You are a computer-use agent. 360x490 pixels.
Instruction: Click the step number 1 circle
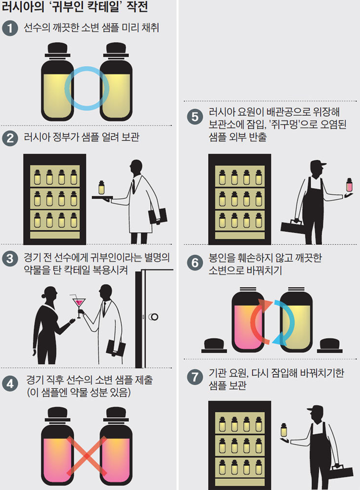pyautogui.click(x=10, y=28)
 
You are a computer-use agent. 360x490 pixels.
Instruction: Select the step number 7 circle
pyautogui.click(x=195, y=377)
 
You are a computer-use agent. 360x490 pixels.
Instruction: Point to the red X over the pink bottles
pyautogui.click(x=87, y=457)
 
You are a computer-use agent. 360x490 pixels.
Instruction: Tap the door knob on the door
pyautogui.click(x=154, y=317)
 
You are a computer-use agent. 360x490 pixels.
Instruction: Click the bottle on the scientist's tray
pyautogui.click(x=101, y=188)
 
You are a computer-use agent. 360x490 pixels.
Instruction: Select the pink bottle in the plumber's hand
pyautogui.click(x=349, y=185)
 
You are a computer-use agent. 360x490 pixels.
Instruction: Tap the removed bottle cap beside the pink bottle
pyautogui.click(x=214, y=346)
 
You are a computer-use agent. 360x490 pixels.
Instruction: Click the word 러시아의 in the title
pyautogui.click(x=23, y=7)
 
